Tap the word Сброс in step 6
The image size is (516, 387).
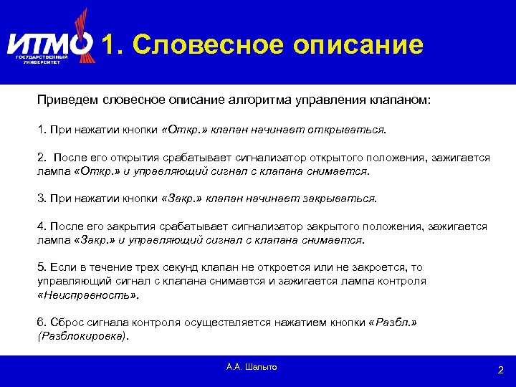pyautogui.click(x=67, y=323)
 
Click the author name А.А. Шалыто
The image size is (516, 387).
pyautogui.click(x=251, y=367)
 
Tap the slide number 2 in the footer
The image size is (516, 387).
pyautogui.click(x=500, y=370)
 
